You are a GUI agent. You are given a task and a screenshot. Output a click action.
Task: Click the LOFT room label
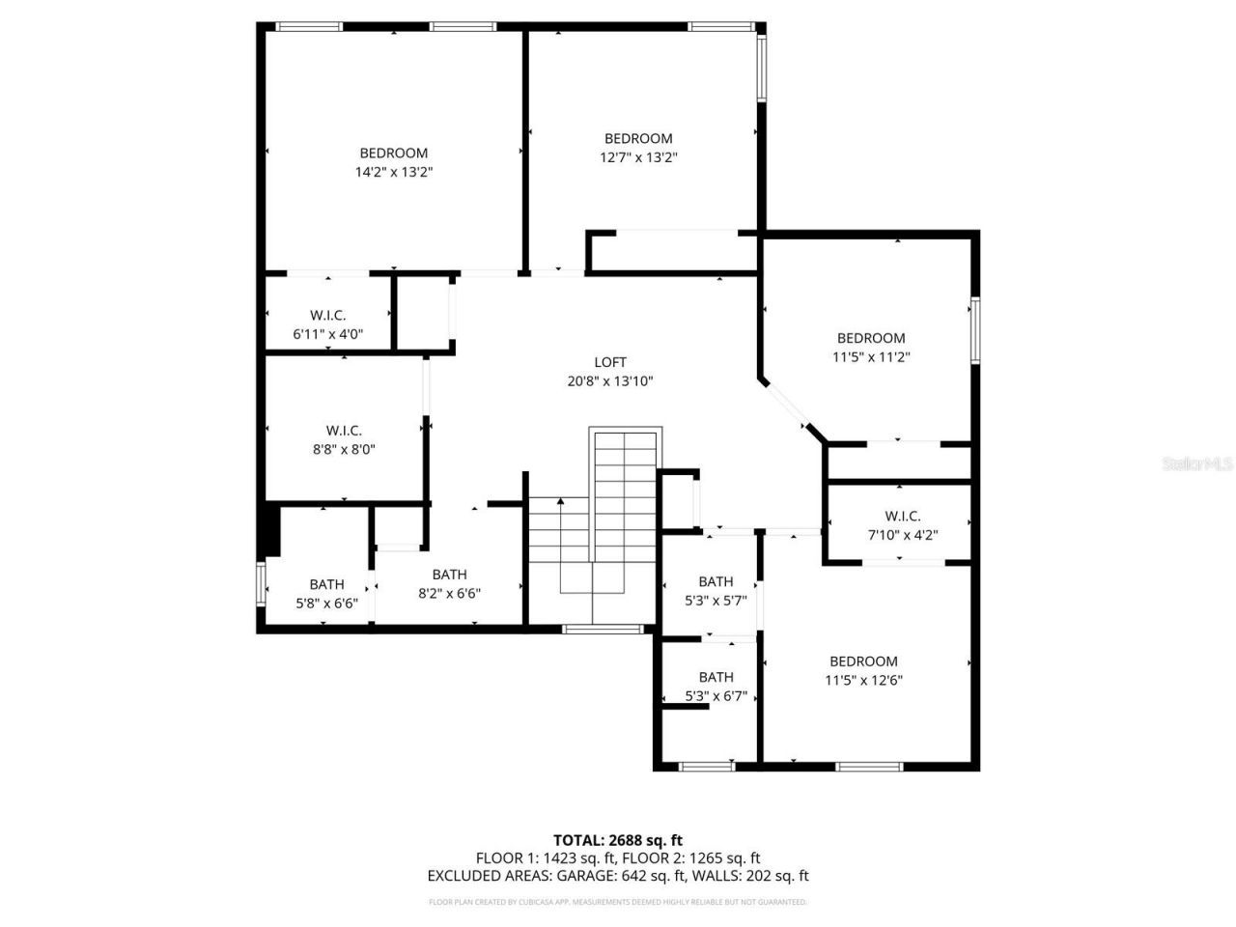pyautogui.click(x=610, y=362)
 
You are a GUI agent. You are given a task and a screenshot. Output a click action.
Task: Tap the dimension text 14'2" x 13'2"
pyautogui.click(x=393, y=172)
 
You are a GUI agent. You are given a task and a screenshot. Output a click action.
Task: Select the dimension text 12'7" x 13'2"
pyautogui.click(x=638, y=157)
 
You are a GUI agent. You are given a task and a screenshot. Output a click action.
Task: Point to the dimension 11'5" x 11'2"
pyautogui.click(x=871, y=356)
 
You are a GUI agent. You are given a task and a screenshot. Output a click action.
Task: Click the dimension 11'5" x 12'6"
pyautogui.click(x=863, y=680)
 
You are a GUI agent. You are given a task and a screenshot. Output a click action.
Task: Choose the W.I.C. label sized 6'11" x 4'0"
pyautogui.click(x=328, y=315)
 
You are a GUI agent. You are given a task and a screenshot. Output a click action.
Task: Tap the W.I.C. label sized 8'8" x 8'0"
pyautogui.click(x=344, y=431)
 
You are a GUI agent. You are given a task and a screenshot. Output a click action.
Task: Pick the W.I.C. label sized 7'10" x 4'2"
pyautogui.click(x=903, y=516)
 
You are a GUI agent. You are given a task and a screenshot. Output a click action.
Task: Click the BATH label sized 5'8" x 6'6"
pyautogui.click(x=326, y=584)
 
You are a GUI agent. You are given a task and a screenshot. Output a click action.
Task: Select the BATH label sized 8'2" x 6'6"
pyautogui.click(x=449, y=575)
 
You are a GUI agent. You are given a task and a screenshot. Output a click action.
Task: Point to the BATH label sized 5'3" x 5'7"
pyautogui.click(x=716, y=581)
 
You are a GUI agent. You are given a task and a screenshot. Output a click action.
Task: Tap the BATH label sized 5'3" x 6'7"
pyautogui.click(x=716, y=677)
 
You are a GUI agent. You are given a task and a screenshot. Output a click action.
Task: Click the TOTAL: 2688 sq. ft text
pyautogui.click(x=617, y=840)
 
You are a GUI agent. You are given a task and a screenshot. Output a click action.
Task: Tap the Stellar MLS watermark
pyautogui.click(x=1197, y=464)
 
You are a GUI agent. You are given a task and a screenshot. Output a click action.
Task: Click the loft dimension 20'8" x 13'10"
pyautogui.click(x=610, y=381)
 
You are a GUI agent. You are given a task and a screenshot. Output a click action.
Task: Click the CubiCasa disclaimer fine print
pyautogui.click(x=617, y=902)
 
